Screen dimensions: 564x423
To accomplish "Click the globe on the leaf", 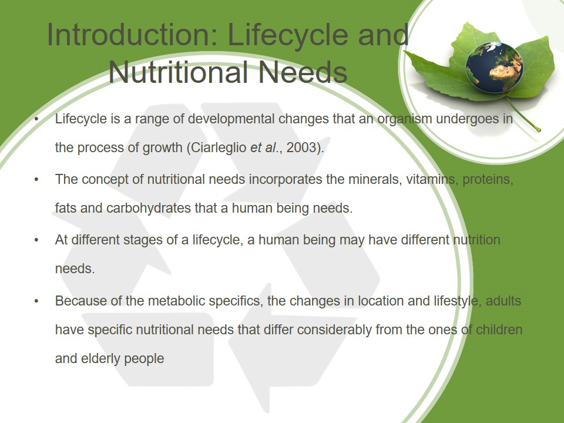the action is point(494,68).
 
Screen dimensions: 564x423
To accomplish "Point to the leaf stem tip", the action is point(539,130).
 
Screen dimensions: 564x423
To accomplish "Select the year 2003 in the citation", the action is point(301,147).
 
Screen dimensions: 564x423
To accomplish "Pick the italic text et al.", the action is point(264,147).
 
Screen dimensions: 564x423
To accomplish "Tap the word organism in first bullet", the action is point(404,119).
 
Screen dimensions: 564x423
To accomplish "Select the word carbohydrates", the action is point(149,208).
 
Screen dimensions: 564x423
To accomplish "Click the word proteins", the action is point(488,180).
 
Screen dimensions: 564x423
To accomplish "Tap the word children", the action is point(499,330).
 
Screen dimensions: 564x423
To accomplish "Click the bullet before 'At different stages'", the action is point(36,240).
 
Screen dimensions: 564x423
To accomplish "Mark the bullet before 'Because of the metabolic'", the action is point(36,301).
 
